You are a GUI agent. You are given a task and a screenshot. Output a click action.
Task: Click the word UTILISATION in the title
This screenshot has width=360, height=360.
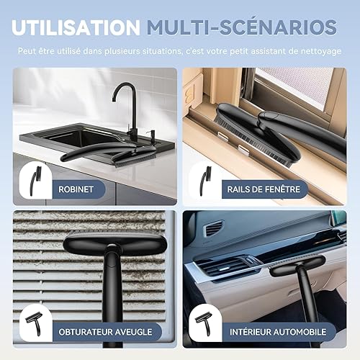pos(76,27)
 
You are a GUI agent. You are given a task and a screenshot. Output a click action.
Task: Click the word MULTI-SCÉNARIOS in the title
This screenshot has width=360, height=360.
pos(241,27)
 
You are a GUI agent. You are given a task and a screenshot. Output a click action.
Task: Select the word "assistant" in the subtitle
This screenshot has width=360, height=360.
pos(253,53)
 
